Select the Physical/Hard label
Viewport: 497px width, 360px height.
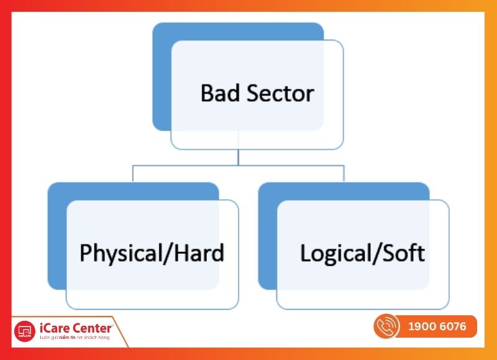click(152, 253)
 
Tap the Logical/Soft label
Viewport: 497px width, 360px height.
click(362, 253)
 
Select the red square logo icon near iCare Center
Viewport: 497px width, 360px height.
click(25, 330)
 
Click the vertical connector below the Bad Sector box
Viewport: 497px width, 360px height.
click(239, 157)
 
